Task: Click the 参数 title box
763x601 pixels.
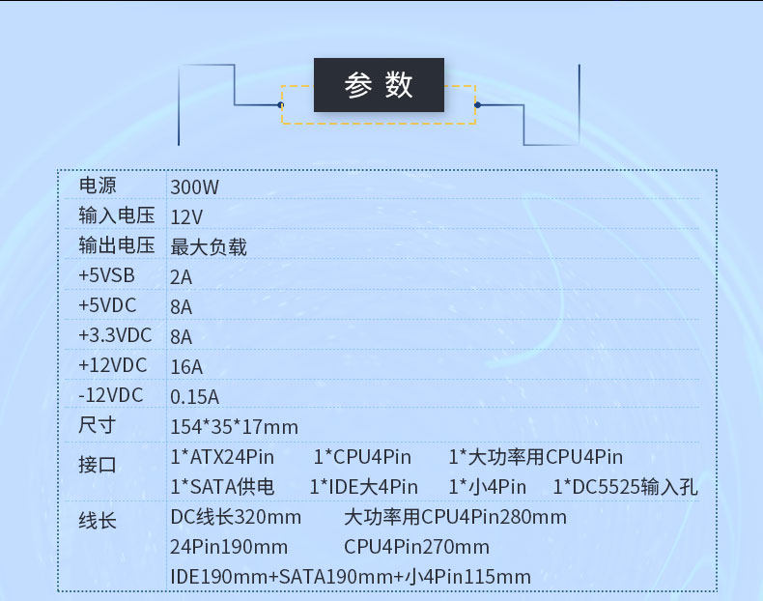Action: click(379, 85)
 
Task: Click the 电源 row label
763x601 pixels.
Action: click(98, 186)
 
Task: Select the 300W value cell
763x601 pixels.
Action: click(194, 186)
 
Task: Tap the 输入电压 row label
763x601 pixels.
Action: click(110, 215)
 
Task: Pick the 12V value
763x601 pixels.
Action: click(186, 216)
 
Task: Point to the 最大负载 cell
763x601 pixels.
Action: click(209, 246)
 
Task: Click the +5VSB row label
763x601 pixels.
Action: click(106, 276)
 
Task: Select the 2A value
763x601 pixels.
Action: click(182, 277)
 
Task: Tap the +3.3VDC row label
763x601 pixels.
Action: click(115, 335)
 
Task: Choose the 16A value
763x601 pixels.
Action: click(186, 366)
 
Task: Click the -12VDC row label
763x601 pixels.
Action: click(110, 395)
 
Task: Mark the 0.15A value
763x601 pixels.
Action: click(194, 396)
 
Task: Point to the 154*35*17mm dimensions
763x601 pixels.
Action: click(234, 426)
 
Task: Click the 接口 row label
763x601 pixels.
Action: click(98, 465)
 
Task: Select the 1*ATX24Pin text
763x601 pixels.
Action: click(222, 456)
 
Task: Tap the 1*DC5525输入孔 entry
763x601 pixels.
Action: click(625, 487)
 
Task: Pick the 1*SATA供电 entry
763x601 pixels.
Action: click(222, 487)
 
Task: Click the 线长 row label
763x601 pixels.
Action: click(98, 521)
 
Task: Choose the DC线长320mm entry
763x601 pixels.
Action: click(236, 517)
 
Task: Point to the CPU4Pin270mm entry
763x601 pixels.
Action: click(416, 547)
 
